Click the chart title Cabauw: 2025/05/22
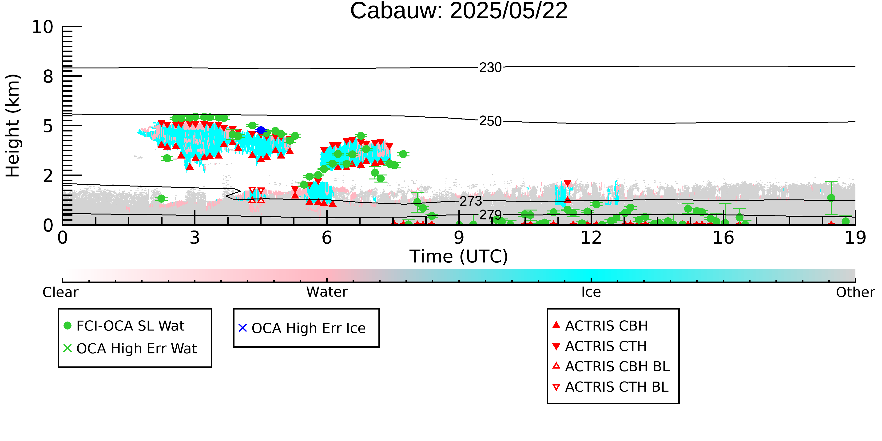pyautogui.click(x=459, y=11)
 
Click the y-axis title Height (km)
pyautogui.click(x=13, y=126)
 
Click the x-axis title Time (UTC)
pyautogui.click(x=459, y=256)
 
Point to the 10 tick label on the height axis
pyautogui.click(x=43, y=27)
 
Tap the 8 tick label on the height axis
pyautogui.click(x=48, y=76)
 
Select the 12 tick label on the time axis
pyautogui.click(x=591, y=238)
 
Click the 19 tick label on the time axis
pyautogui.click(x=855, y=238)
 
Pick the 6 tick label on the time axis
pyautogui.click(x=327, y=238)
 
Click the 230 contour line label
pyautogui.click(x=490, y=68)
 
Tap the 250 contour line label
pyautogui.click(x=490, y=121)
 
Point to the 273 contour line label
pyautogui.click(x=471, y=201)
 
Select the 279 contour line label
pyautogui.click(x=490, y=215)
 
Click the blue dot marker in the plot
pyautogui.click(x=261, y=130)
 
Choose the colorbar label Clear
pyautogui.click(x=60, y=292)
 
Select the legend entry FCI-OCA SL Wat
pyautogui.click(x=124, y=326)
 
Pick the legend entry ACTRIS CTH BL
pyautogui.click(x=611, y=387)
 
